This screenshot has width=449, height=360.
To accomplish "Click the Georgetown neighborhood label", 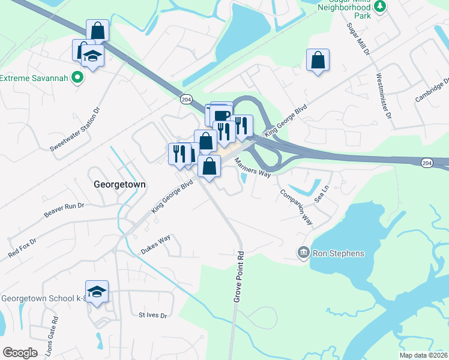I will pyautogui.click(x=120, y=185).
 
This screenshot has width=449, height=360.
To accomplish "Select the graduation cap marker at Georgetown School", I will pyautogui.click(x=97, y=292).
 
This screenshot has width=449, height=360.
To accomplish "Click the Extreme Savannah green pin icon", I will pyautogui.click(x=76, y=78).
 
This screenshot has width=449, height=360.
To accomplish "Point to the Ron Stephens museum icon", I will pyautogui.click(x=303, y=253).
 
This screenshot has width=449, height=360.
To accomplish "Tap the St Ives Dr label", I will pyautogui.click(x=152, y=314).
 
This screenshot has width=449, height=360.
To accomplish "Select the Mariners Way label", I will pyautogui.click(x=253, y=168).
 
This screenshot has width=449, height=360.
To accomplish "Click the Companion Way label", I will pyautogui.click(x=297, y=208).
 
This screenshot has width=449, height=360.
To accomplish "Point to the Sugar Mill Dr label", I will pyautogui.click(x=358, y=39).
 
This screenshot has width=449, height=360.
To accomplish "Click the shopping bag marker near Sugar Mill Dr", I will pyautogui.click(x=318, y=60).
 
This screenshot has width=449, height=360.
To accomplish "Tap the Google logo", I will pyautogui.click(x=20, y=353).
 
